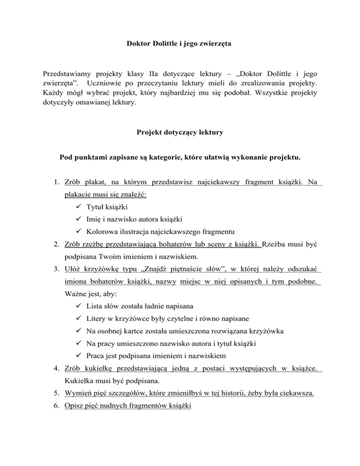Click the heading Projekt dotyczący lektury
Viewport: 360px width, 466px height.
[180, 133]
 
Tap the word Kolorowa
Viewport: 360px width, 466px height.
[103, 231]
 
